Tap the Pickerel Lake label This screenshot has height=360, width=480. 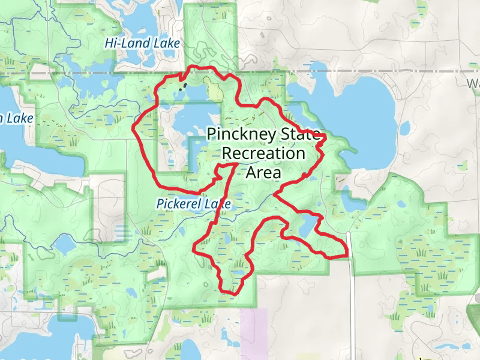(194, 204)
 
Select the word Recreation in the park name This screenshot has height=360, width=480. (263, 153)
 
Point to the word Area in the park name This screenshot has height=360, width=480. (263, 173)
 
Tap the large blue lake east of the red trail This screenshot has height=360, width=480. (366, 108)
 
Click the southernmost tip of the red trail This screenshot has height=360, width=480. (231, 293)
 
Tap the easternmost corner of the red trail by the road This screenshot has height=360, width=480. (347, 254)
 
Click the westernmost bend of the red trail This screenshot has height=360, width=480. (133, 127)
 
